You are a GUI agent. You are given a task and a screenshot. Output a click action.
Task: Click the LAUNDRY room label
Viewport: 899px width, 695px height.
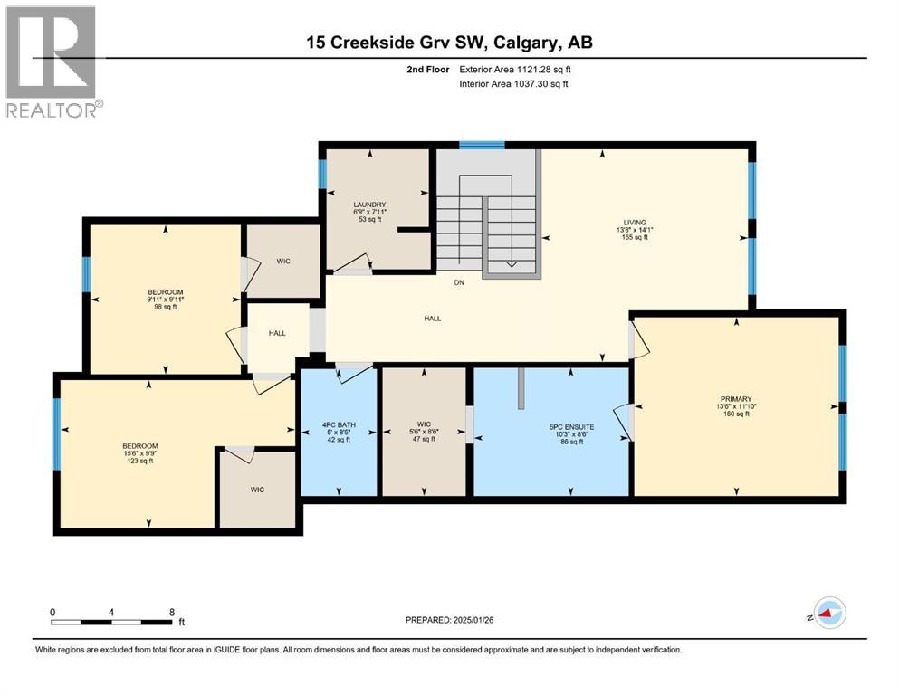coord(370,205)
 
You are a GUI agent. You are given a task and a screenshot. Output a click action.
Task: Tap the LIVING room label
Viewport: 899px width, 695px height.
coord(635,222)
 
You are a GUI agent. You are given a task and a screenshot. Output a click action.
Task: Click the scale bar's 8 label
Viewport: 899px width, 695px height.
coord(171,611)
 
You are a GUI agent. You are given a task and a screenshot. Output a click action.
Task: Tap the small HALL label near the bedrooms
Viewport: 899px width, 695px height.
coord(277,333)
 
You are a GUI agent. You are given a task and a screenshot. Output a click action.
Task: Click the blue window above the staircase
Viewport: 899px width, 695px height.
coord(481,145)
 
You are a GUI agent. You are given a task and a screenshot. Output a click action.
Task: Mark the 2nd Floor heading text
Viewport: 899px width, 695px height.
coord(428,70)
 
